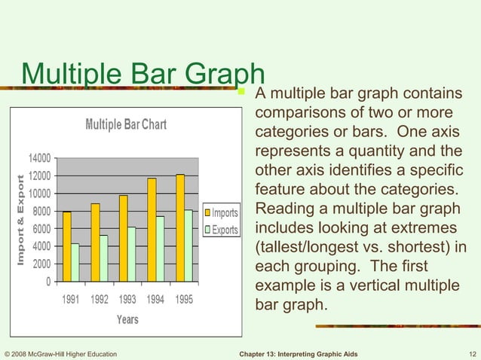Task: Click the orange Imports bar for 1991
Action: click(x=67, y=246)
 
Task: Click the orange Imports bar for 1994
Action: click(x=152, y=230)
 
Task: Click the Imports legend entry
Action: click(x=220, y=213)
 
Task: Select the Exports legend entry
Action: click(x=220, y=230)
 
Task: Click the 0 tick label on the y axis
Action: click(x=47, y=282)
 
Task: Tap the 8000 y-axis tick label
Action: click(x=41, y=211)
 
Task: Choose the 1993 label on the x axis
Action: click(x=127, y=299)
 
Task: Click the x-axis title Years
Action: click(x=127, y=319)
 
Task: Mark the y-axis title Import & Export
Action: click(x=21, y=219)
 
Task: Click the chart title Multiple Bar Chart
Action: click(x=126, y=124)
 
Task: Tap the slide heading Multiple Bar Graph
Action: click(x=143, y=73)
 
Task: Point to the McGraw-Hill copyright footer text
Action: click(x=60, y=354)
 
